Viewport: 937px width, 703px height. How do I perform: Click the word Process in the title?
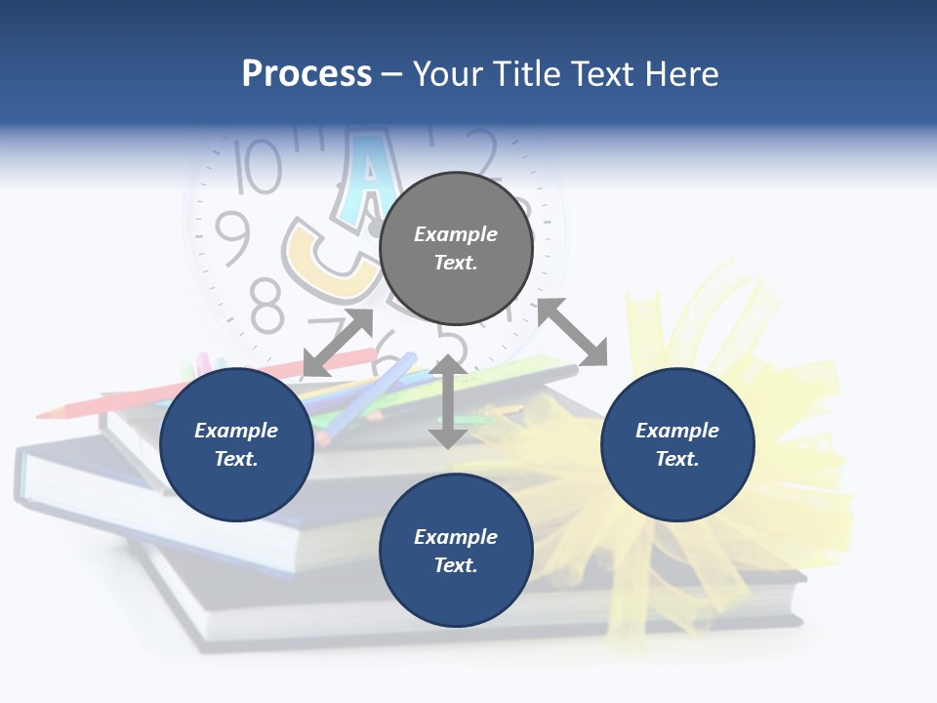(306, 74)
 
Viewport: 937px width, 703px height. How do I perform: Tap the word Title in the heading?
(524, 74)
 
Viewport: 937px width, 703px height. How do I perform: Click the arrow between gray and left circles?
(338, 343)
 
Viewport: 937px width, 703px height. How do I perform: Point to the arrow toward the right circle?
(572, 333)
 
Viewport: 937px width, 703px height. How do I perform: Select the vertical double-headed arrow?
(448, 401)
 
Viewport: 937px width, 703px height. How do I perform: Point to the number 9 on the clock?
(232, 238)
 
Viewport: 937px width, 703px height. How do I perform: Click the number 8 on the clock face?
(266, 304)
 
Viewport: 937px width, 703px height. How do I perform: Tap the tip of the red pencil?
(44, 414)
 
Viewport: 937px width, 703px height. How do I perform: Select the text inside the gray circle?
(456, 248)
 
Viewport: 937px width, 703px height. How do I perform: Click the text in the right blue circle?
(677, 444)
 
